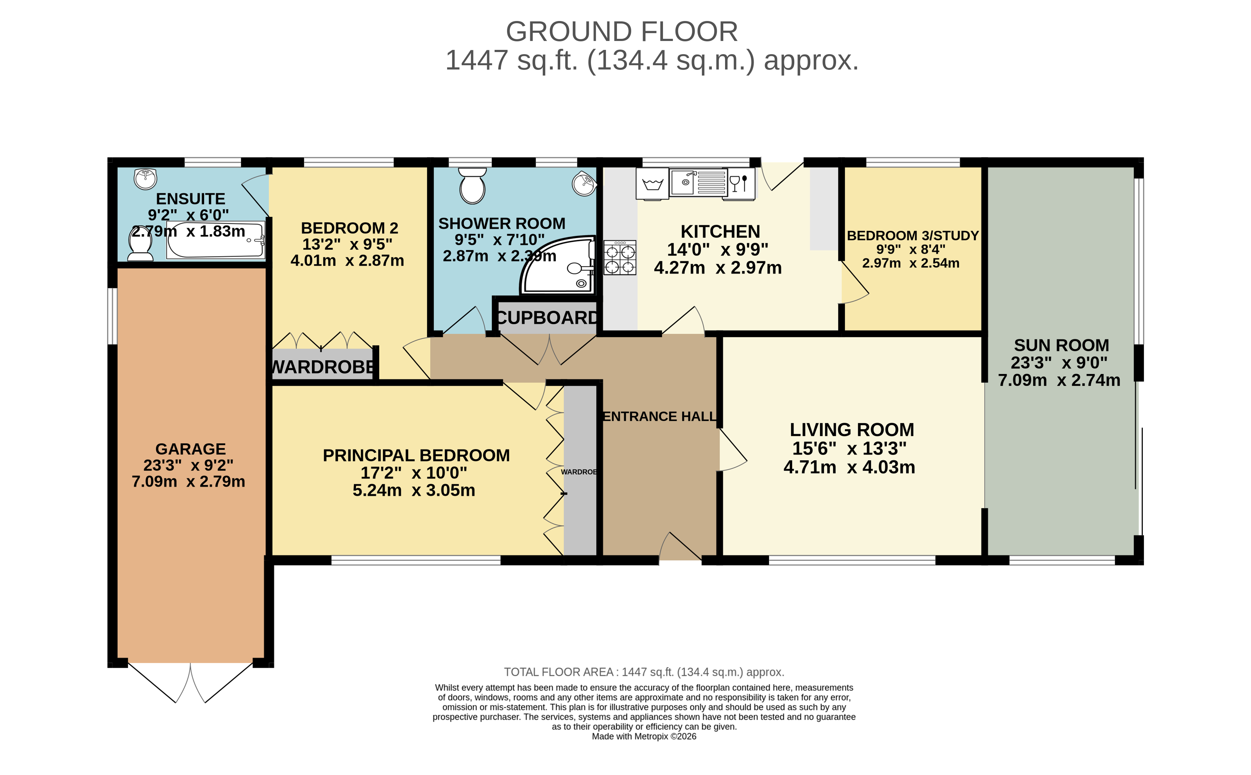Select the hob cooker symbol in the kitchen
coord(619,258)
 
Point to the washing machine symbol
coord(652,184)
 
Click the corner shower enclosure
coord(562,267)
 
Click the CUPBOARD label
coord(547,318)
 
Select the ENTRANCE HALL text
coord(659,416)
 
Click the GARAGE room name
coord(190,449)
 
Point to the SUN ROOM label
coord(1061,345)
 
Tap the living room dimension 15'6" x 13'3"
coord(849,448)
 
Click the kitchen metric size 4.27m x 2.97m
coord(717,268)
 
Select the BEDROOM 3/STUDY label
coord(912,235)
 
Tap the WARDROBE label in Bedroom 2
coord(323,367)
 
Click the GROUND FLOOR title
coord(621,32)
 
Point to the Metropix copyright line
coord(644,736)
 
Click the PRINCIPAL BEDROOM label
coord(416,455)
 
